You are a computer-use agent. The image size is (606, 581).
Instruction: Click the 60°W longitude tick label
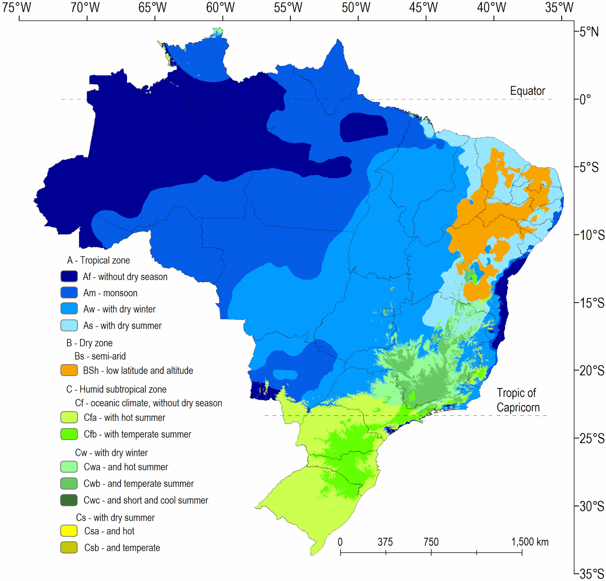[x=220, y=7]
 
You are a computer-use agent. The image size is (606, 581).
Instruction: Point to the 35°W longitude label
[x=559, y=7]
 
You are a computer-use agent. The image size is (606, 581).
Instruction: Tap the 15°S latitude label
[x=592, y=303]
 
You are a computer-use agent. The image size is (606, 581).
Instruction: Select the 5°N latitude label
[x=589, y=32]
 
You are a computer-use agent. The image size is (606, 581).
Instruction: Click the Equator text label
[x=527, y=91]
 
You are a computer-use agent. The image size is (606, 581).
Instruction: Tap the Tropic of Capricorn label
[x=518, y=400]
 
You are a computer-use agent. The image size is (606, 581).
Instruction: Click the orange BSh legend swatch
[x=69, y=370]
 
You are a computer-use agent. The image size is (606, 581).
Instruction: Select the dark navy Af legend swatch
[x=69, y=276]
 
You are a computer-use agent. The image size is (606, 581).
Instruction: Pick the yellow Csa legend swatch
[x=69, y=531]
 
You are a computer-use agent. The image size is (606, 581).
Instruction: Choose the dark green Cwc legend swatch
[x=69, y=500]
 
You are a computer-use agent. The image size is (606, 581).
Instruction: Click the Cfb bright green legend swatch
[x=69, y=434]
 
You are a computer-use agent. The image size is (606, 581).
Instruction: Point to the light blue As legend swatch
[x=69, y=325]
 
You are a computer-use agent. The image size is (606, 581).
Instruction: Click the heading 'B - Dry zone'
[x=89, y=343]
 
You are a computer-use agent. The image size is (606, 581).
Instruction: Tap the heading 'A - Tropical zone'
[x=98, y=260]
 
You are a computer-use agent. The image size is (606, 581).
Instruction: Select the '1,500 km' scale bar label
[x=529, y=542]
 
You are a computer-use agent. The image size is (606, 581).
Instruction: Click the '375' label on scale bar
[x=385, y=542]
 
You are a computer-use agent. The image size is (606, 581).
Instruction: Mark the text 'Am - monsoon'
[x=110, y=293]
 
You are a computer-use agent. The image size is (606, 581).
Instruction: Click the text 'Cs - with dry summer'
[x=115, y=517]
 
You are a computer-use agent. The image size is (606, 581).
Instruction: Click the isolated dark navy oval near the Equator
[x=363, y=128]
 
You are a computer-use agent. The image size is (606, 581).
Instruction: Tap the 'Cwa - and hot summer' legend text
[x=126, y=467]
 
